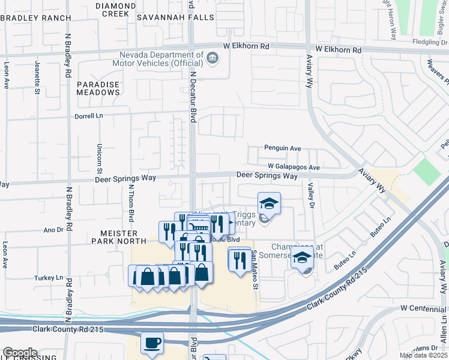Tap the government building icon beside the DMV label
212,58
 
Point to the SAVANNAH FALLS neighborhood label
175,17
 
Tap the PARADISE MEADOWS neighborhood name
98,89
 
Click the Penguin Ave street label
282,148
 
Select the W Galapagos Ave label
294,167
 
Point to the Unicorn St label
99,155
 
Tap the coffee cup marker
152,343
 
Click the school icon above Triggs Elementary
269,203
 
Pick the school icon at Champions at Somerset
303,259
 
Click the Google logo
20,353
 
